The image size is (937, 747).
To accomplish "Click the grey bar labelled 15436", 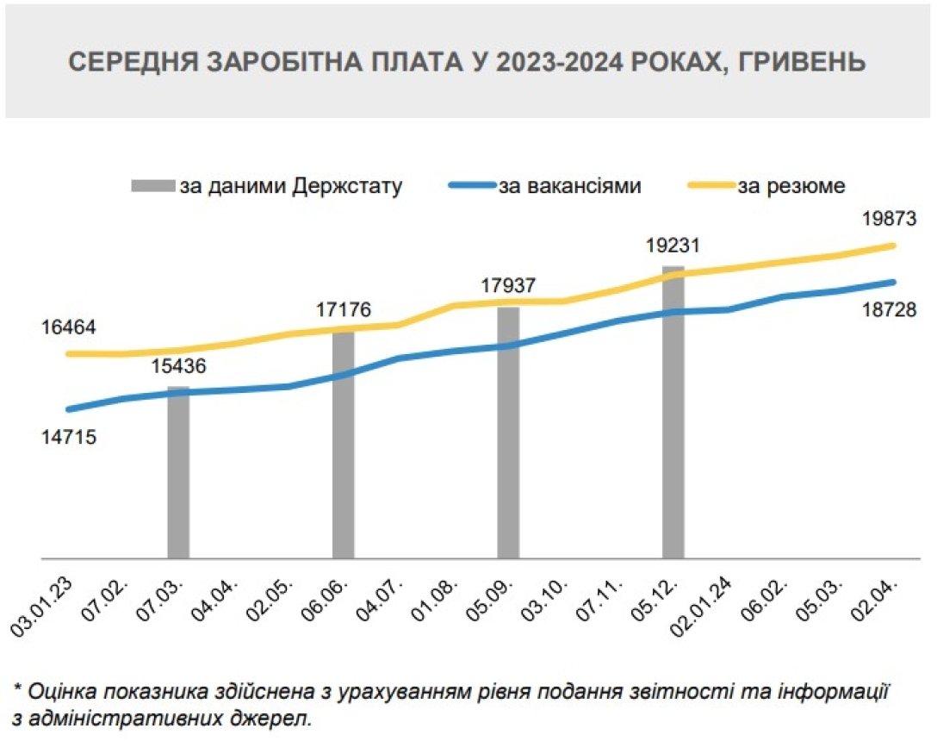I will pyautogui.click(x=178, y=474).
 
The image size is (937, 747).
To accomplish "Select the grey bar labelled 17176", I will pyautogui.click(x=344, y=444).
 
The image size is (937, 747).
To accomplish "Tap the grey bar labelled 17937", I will pyautogui.click(x=508, y=431).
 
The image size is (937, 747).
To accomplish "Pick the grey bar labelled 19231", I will pyautogui.click(x=673, y=414).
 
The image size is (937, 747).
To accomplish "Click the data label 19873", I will pyautogui.click(x=888, y=219).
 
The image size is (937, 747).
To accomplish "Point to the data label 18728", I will pyautogui.click(x=888, y=310).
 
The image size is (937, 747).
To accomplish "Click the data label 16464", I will pyautogui.click(x=68, y=328).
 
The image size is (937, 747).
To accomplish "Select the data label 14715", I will pyautogui.click(x=68, y=437).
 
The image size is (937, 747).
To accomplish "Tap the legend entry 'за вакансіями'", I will pyautogui.click(x=569, y=185).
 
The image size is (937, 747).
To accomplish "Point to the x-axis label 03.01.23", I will pyautogui.click(x=41, y=607).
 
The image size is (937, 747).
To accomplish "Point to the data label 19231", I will pyautogui.click(x=673, y=245).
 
